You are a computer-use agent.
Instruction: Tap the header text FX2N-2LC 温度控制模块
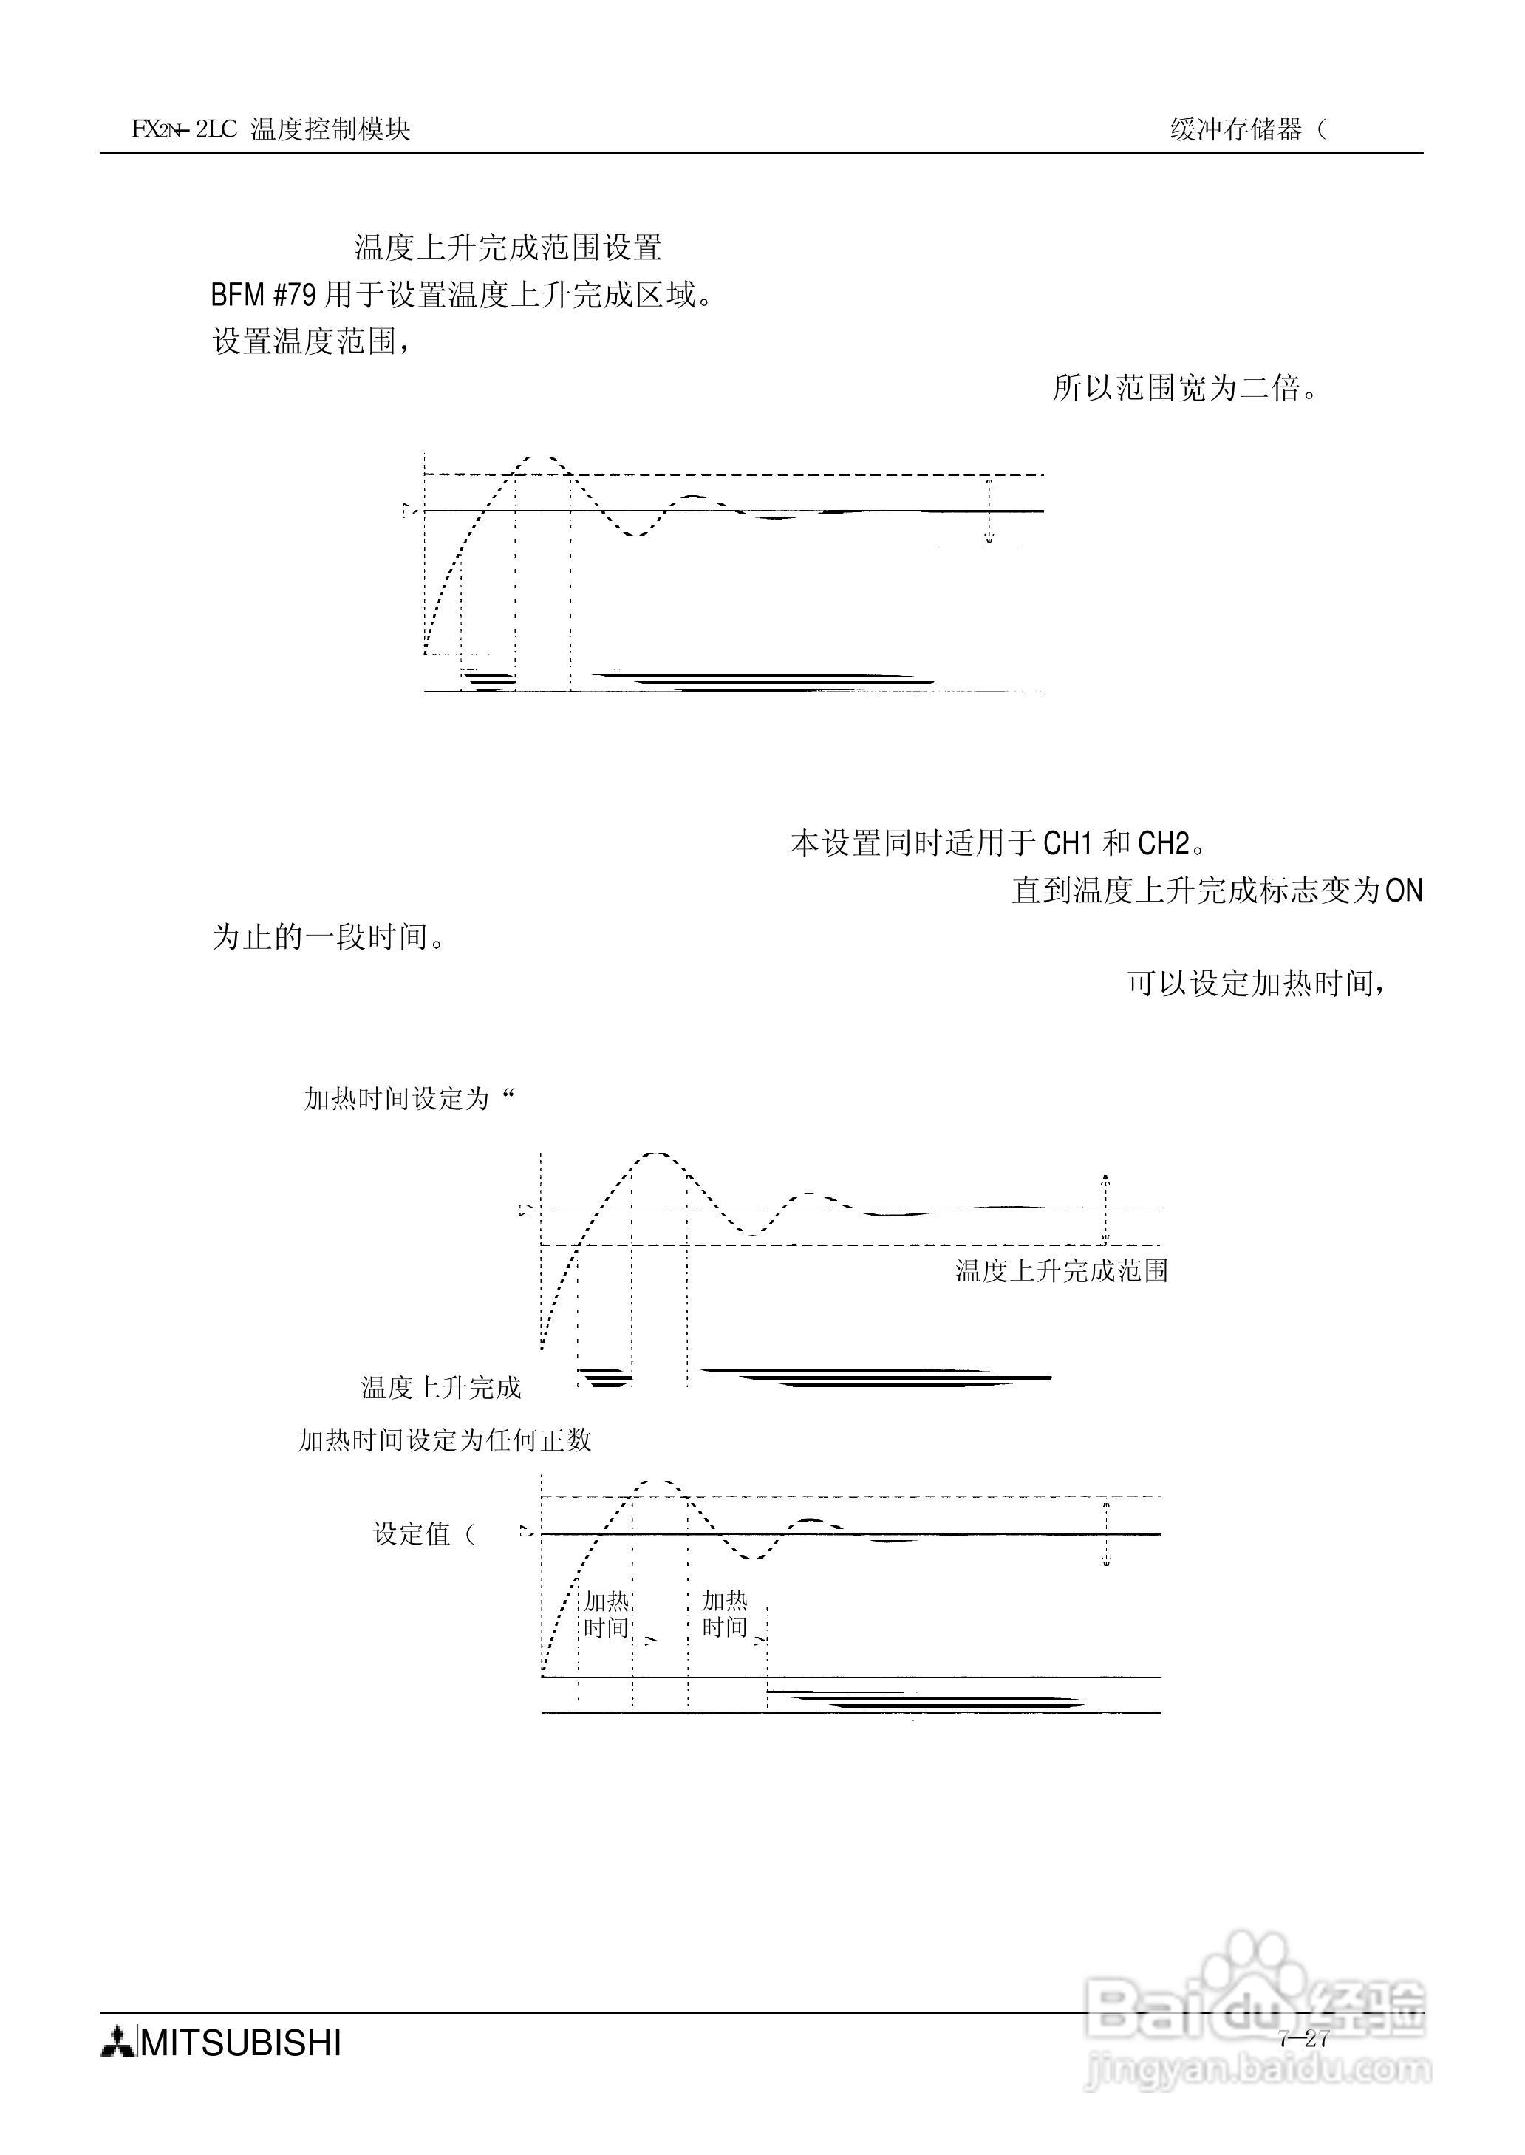[x=270, y=129]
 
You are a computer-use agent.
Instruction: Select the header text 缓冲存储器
[x=1237, y=129]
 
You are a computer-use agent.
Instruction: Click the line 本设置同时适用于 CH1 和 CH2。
[x=998, y=843]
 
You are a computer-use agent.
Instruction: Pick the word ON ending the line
[x=1405, y=891]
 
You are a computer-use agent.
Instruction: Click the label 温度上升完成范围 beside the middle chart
[x=1061, y=1271]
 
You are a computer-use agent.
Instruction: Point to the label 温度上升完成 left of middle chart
[x=440, y=1388]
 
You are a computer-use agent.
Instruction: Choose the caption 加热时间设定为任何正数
[x=444, y=1440]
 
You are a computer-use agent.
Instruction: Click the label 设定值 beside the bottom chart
[x=413, y=1534]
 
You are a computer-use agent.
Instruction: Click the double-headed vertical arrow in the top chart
[x=989, y=511]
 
